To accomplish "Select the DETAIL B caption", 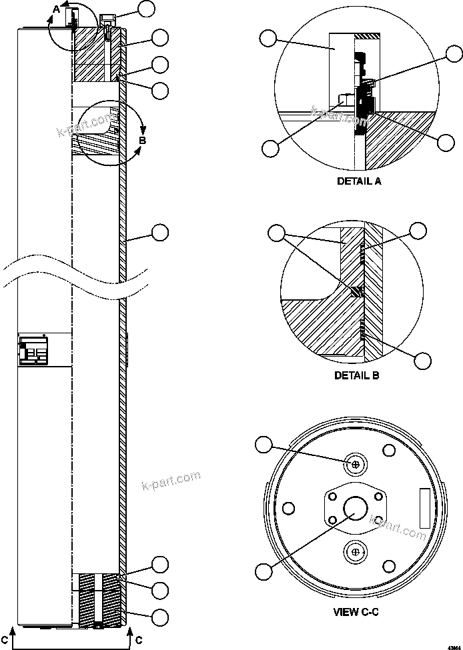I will click(x=357, y=375).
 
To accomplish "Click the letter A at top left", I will click(x=57, y=9).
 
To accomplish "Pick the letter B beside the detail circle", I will click(x=142, y=140).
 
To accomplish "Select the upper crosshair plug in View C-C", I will click(x=356, y=464).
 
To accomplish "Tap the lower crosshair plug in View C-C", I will click(x=356, y=552).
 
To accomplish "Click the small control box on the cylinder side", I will click(x=33, y=350).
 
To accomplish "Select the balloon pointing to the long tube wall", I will click(x=160, y=232).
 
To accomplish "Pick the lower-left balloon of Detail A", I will click(x=270, y=148).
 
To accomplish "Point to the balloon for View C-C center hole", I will click(x=265, y=571).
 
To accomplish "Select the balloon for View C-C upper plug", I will click(x=265, y=443).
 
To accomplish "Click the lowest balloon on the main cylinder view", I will click(x=160, y=617).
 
